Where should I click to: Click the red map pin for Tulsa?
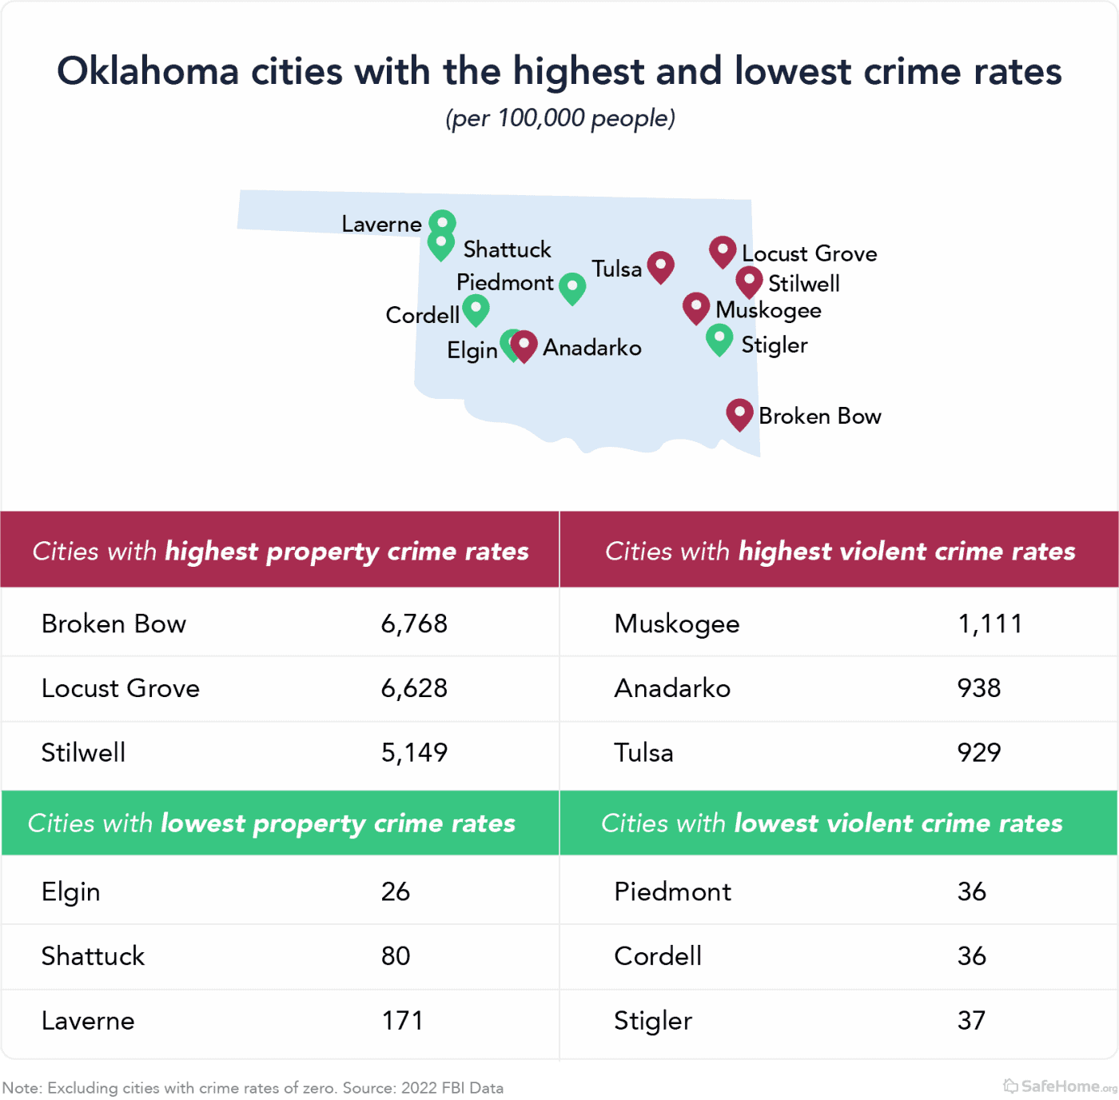[660, 266]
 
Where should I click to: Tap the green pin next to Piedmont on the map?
[572, 287]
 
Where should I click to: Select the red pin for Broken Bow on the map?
[739, 414]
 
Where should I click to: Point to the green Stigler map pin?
[719, 339]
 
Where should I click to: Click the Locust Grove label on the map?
[809, 253]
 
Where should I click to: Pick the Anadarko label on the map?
[592, 348]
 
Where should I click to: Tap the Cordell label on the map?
[422, 315]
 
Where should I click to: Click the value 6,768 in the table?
[414, 624]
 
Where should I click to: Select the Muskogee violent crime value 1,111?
[990, 624]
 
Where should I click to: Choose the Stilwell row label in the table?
[83, 752]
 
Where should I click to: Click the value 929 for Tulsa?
[979, 752]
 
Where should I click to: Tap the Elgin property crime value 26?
[396, 891]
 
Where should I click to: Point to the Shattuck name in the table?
[93, 956]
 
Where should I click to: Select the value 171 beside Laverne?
[402, 1021]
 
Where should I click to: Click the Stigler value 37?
[971, 1021]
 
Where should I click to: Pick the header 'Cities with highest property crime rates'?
[281, 551]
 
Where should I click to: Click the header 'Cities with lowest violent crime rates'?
[832, 823]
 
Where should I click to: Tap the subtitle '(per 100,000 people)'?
[560, 118]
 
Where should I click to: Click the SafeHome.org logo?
[1060, 1086]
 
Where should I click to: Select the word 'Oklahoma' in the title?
[148, 71]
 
